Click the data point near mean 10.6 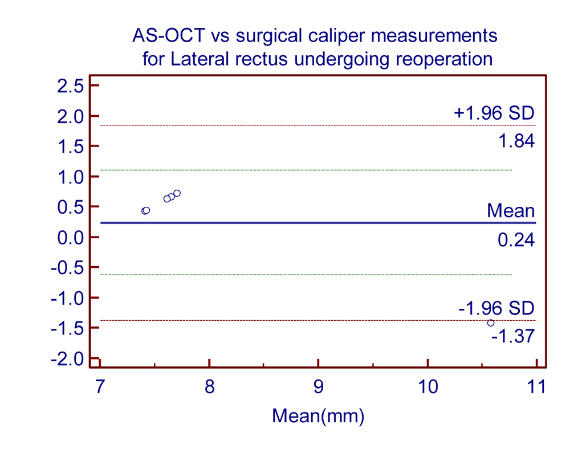(x=490, y=323)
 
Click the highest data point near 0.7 (x=177, y=194)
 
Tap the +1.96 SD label (x=494, y=113)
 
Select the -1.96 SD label (x=496, y=309)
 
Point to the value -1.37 (x=513, y=336)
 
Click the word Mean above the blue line (x=511, y=211)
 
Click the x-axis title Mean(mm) (x=318, y=415)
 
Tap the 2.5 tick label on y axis (x=71, y=86)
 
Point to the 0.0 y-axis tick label (x=71, y=238)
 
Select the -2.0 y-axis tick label (x=68, y=359)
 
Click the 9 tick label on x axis (x=319, y=387)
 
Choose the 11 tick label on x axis (x=536, y=387)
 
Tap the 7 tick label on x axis (x=100, y=387)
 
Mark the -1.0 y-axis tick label (x=68, y=298)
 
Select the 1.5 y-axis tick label (x=71, y=146)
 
